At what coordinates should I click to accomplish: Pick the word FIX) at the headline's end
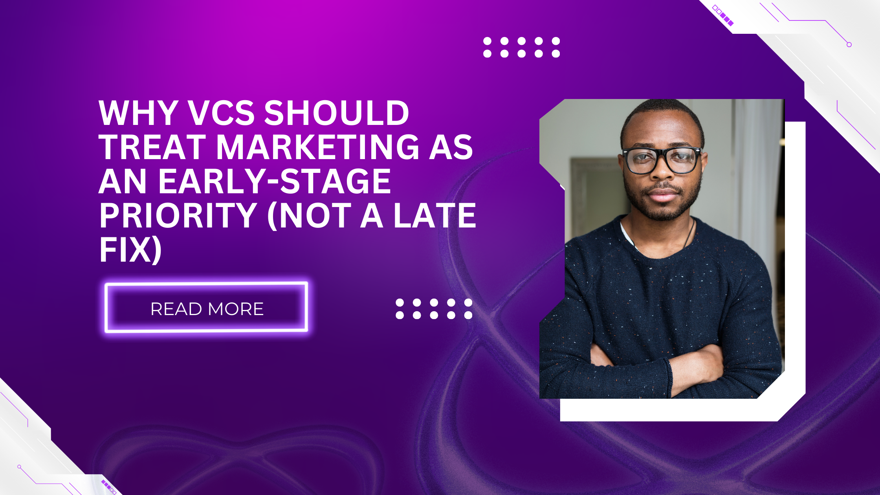(x=131, y=250)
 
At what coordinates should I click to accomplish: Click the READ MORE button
(x=207, y=308)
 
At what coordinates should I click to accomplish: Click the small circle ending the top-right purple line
(x=849, y=45)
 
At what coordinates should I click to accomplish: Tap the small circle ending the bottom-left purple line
(x=19, y=467)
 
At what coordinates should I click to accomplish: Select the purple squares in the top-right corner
(x=723, y=15)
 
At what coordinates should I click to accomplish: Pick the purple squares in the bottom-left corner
(x=109, y=486)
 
